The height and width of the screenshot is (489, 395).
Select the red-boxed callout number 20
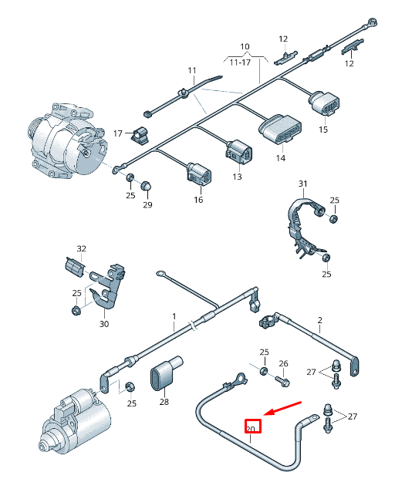pyautogui.click(x=253, y=426)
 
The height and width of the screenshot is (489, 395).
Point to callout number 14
pyautogui.click(x=280, y=158)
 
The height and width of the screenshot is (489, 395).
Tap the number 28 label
pyautogui.click(x=164, y=402)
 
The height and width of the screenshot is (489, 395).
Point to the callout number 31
pyautogui.click(x=303, y=184)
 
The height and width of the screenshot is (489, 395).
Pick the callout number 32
pyautogui.click(x=81, y=248)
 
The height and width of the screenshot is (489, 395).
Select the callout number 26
pyautogui.click(x=283, y=363)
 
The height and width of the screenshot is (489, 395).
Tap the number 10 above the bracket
pyautogui.click(x=245, y=47)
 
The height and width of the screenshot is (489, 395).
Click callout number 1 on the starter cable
pyautogui.click(x=174, y=317)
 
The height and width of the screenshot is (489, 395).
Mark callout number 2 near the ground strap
pyautogui.click(x=319, y=319)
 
